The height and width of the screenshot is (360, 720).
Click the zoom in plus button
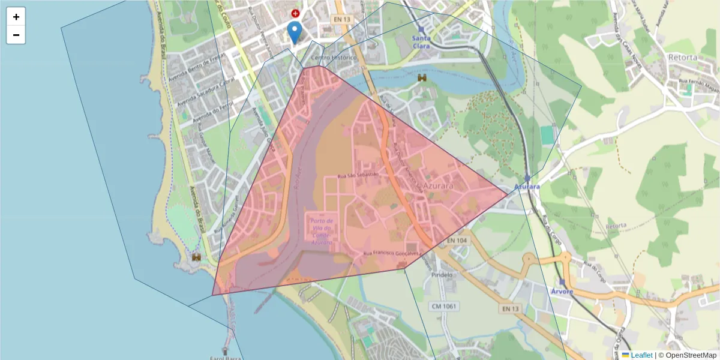pos(16,17)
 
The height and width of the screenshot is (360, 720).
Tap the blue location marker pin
pos(294,32)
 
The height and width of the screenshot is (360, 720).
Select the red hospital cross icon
pos(295,13)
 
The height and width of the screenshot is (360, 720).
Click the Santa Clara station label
pos(421,41)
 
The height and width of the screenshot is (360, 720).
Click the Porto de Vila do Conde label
pos(322,232)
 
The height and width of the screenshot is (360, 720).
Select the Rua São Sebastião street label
pos(358,175)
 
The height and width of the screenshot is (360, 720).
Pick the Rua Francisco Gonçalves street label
pos(391,254)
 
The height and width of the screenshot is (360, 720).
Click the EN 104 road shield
pos(458,241)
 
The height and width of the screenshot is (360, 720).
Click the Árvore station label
pos(562,292)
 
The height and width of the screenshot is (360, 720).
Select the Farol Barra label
pos(225,358)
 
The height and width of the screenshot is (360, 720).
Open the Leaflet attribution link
pos(641,355)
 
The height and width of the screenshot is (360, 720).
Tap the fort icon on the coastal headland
pos(196,257)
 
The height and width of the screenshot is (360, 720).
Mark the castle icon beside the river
pos(422,77)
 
